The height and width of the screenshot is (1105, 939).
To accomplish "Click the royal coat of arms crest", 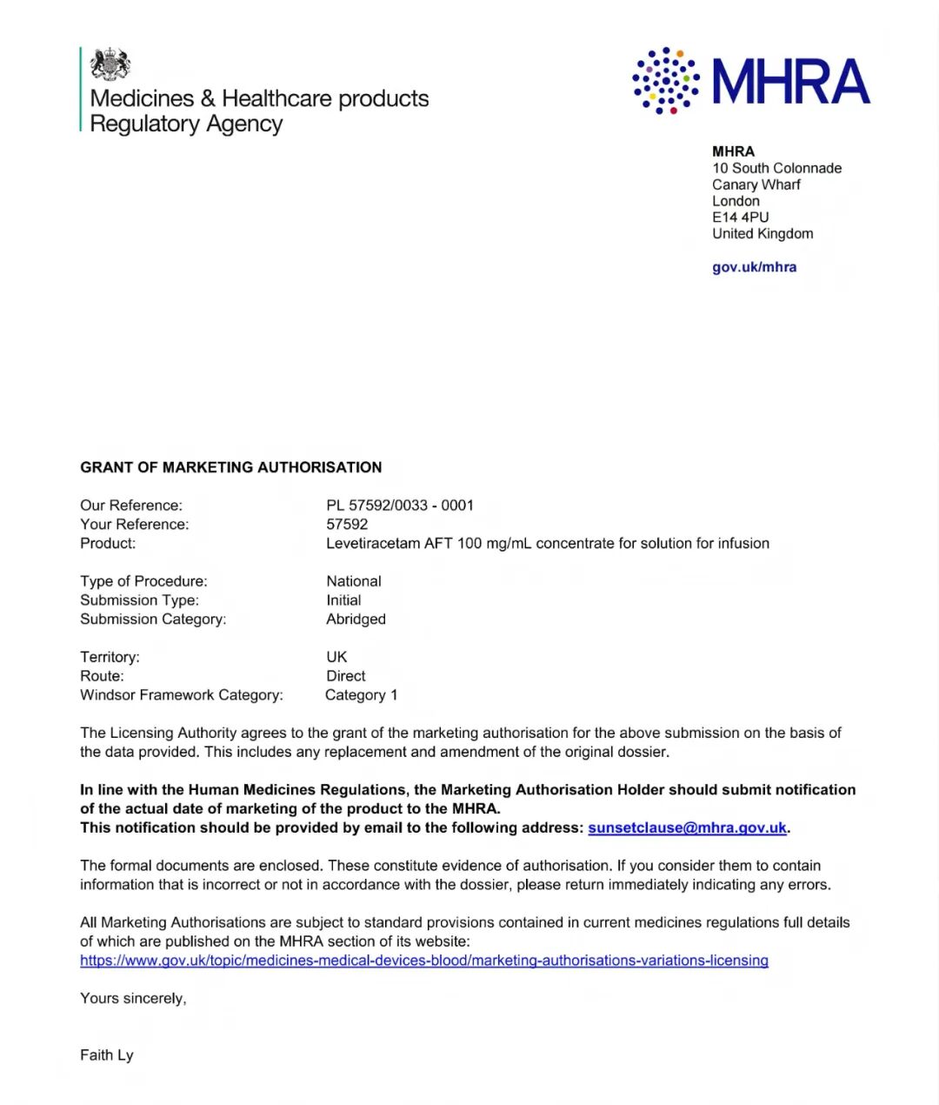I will click(110, 64).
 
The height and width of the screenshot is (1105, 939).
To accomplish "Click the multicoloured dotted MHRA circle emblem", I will click(666, 81).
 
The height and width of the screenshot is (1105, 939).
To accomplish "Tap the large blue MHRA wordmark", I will click(791, 82).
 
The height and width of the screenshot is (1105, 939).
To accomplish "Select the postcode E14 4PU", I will click(740, 218).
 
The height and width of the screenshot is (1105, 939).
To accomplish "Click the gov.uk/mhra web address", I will click(754, 267).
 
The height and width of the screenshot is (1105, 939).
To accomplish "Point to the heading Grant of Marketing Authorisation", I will click(230, 467).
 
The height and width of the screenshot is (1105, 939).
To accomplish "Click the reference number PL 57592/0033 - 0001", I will click(400, 506).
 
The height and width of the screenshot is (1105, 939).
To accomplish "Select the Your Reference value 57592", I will click(347, 525).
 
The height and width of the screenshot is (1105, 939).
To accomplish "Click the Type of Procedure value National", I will click(353, 581).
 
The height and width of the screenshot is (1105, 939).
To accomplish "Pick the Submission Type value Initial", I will click(343, 600).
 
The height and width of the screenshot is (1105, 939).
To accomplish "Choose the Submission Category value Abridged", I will click(356, 619).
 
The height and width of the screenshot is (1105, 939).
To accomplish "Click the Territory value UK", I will click(336, 657).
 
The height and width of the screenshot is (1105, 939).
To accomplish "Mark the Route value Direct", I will click(345, 676).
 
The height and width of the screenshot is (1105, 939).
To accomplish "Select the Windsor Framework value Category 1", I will click(361, 695).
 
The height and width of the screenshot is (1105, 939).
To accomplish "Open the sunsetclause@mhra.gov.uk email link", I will click(687, 827).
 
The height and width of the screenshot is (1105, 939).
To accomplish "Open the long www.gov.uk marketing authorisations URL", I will click(424, 961).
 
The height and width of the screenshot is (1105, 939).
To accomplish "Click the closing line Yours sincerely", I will click(133, 999).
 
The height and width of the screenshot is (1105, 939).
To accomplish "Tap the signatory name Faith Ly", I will click(107, 1055).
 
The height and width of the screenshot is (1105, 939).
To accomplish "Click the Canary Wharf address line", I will click(756, 184).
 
